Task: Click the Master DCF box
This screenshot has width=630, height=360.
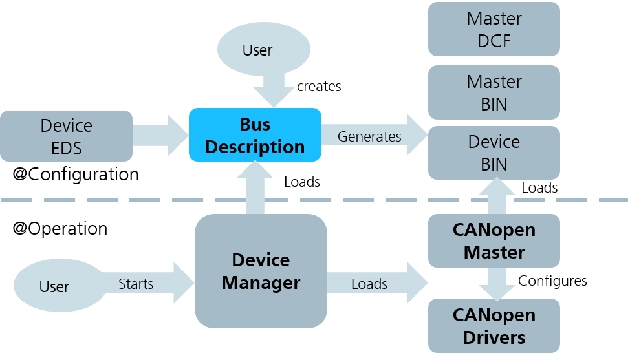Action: (x=494, y=29)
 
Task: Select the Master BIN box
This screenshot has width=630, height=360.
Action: (x=494, y=92)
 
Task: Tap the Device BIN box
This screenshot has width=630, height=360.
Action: (x=494, y=153)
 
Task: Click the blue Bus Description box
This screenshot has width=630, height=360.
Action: (x=255, y=135)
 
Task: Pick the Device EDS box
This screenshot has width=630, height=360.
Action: (x=66, y=136)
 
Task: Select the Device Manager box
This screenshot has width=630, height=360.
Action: (x=261, y=271)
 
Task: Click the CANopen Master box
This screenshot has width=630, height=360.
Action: (x=494, y=240)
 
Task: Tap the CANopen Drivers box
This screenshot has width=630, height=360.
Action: (x=494, y=326)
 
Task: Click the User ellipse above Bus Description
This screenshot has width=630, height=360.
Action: (x=263, y=50)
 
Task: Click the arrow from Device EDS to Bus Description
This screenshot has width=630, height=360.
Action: (x=159, y=136)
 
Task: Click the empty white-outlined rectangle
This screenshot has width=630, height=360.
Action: (x=312, y=180)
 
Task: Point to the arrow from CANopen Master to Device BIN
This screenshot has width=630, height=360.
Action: (x=497, y=196)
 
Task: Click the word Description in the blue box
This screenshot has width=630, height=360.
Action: (x=255, y=147)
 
